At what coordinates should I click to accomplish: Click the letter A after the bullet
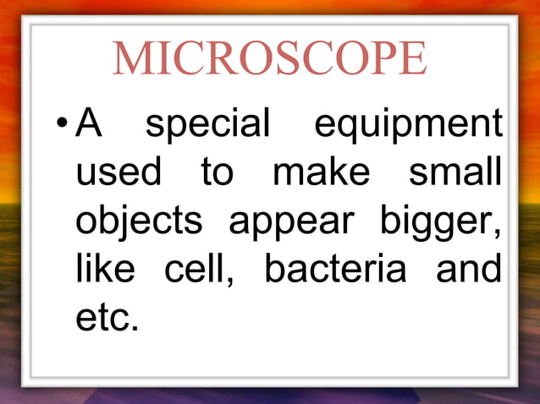[89, 124]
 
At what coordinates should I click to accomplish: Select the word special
[207, 126]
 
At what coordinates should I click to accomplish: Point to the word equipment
[408, 128]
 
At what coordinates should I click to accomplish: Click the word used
[118, 173]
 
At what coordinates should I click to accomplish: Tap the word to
[216, 173]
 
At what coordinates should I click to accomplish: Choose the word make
[321, 173]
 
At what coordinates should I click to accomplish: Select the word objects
[140, 222]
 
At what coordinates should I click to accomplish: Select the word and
[468, 270]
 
